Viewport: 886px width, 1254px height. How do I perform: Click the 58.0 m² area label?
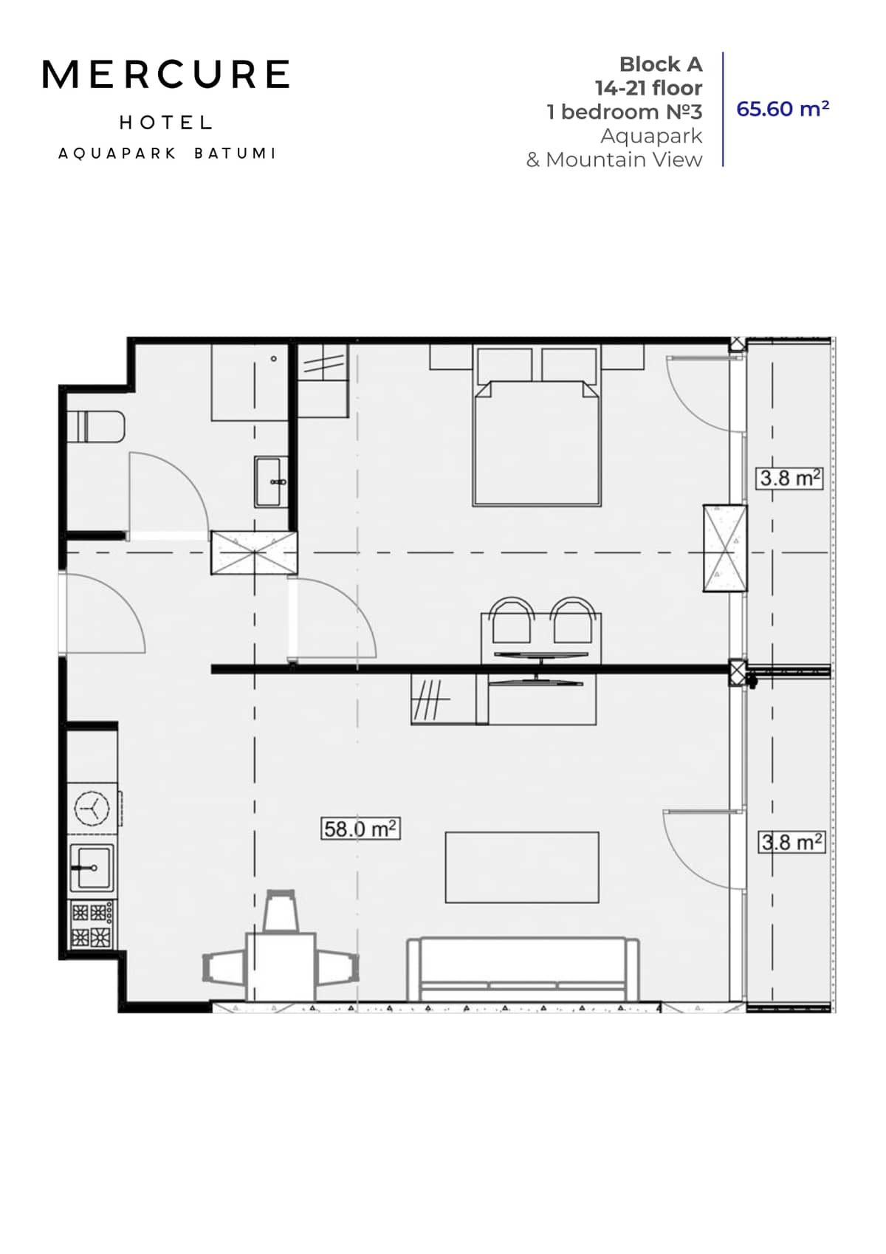[x=360, y=829]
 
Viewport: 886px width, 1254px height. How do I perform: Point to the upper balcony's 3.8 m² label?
[x=790, y=478]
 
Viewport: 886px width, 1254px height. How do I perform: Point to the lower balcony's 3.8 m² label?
[x=791, y=842]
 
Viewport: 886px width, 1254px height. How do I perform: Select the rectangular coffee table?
[x=521, y=867]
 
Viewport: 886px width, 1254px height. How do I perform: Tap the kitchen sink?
[x=92, y=868]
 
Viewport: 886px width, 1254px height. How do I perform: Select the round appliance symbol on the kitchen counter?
[x=93, y=808]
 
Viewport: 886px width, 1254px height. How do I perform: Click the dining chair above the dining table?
[x=281, y=911]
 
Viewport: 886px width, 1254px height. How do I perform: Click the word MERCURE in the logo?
[x=165, y=75]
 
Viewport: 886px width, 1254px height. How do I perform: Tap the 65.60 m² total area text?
[x=783, y=109]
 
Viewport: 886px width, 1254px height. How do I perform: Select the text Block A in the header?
[x=660, y=64]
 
